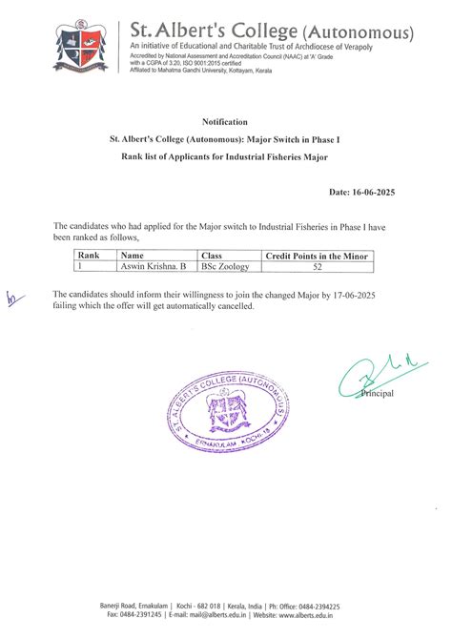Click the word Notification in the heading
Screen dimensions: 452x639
[x=225, y=122]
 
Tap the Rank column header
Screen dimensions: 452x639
[x=89, y=257]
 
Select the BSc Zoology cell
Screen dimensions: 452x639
[x=225, y=268]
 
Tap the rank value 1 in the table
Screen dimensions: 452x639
[x=80, y=268]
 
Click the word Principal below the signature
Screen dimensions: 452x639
[x=377, y=394]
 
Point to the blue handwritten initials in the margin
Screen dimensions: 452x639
[x=12, y=298]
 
